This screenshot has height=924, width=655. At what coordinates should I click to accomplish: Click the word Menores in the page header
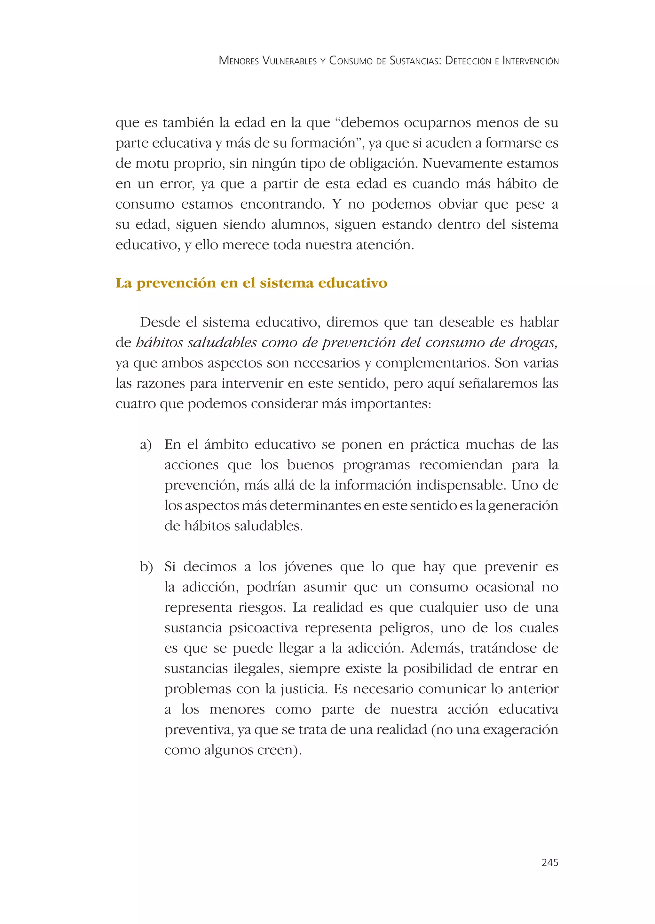pos(239,61)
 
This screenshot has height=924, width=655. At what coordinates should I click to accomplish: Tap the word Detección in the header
pos(468,61)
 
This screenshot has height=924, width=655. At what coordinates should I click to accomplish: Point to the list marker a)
pos(146,445)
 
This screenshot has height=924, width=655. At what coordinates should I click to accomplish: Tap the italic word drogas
pos(534,343)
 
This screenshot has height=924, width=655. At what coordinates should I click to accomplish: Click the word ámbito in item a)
pos(225,444)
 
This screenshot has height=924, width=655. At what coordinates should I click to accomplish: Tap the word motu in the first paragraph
pos(151,164)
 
